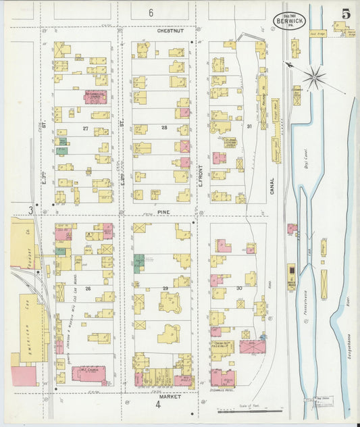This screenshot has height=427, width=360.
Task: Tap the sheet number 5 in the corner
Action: pos(345,13)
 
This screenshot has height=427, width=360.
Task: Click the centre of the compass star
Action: pos(315,76)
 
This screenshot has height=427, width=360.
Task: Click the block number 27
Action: pos(86,128)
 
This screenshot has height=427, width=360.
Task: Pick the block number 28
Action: pos(163,127)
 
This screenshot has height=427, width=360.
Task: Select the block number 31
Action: pos(249,127)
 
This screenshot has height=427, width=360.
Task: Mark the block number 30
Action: pos(238,288)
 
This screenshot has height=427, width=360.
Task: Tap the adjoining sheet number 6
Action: pos(151,12)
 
